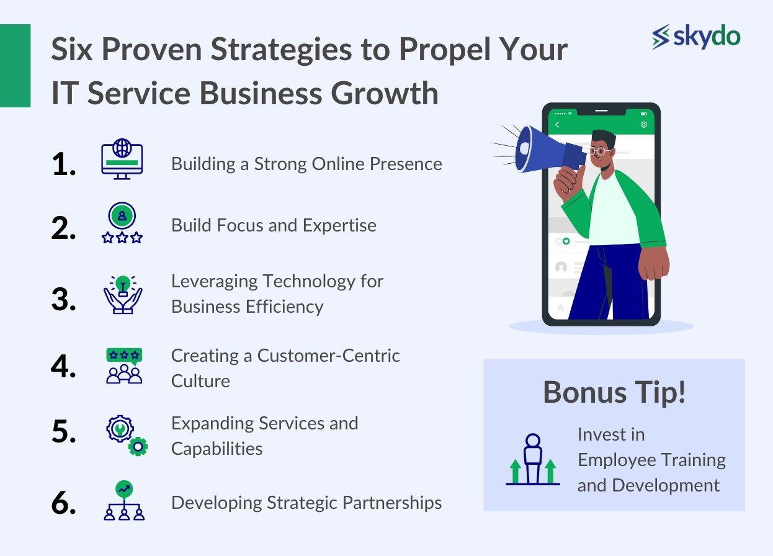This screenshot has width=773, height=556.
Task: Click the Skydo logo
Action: point(695,37)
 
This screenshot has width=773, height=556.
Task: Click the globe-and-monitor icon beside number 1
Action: point(122,159)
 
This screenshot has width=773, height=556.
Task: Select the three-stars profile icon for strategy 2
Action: point(122,223)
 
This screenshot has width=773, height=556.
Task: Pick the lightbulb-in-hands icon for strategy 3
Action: point(122,294)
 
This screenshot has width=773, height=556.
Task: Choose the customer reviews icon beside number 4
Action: point(124,366)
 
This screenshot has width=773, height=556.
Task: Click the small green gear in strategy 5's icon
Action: point(138,447)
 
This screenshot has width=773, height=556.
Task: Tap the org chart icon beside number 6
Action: point(124,500)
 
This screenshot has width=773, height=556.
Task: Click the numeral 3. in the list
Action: point(63,299)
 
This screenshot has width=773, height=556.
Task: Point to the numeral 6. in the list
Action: point(63,503)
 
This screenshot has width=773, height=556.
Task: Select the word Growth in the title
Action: point(385,93)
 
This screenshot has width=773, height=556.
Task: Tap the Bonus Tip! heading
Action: point(614,392)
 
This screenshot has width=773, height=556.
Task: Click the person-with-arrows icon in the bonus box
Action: point(533,459)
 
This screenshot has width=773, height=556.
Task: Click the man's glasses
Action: point(601,151)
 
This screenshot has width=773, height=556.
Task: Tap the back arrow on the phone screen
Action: point(557,125)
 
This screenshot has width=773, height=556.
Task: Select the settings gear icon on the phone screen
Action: point(643,125)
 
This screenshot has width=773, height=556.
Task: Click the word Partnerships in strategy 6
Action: point(391,503)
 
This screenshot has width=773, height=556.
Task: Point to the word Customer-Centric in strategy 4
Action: point(329,356)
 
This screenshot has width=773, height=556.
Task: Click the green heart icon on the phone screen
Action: point(566,241)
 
